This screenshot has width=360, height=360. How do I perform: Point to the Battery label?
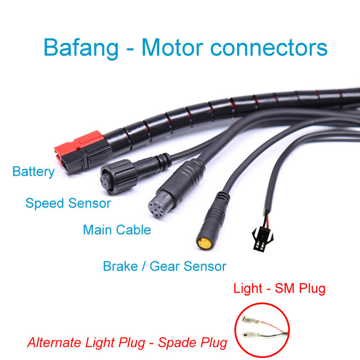tap(33, 171)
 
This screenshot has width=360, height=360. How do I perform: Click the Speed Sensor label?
tap(68, 203)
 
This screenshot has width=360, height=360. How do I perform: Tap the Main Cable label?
tap(117, 230)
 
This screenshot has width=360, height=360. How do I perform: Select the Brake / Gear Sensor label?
tap(164, 266)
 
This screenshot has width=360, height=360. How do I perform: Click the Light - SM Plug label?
tap(279, 288)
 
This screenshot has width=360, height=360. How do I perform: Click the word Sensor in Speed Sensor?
tap(90, 203)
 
